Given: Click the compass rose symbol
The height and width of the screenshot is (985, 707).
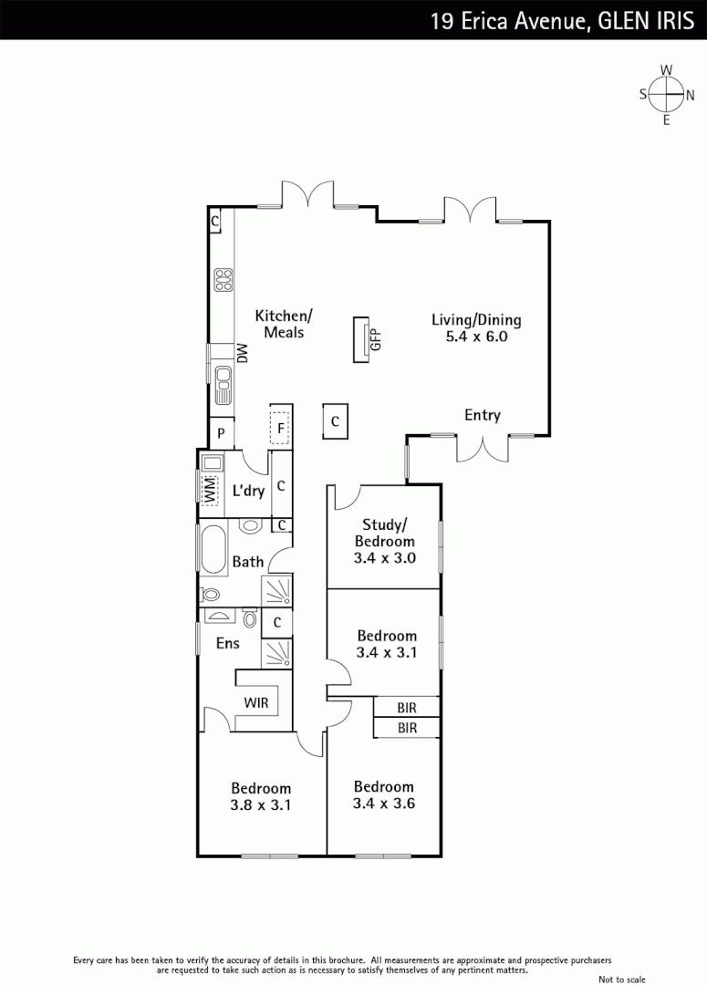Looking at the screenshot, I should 666,94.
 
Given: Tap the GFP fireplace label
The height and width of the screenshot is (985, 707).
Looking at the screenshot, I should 374,339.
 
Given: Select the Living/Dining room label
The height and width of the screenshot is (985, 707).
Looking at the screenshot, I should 475,320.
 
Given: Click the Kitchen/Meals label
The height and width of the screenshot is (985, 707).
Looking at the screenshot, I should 284,324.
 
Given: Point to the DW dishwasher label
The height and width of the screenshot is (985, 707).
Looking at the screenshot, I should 243,353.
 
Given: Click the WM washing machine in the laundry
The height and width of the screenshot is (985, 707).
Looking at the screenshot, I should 209,490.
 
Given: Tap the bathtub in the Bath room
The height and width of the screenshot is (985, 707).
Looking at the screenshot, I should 213,550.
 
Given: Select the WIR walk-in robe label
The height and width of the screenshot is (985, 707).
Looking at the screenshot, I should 255,702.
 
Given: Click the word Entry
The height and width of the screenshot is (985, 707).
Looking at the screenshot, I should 483,416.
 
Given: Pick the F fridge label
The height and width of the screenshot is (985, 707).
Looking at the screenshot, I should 281,426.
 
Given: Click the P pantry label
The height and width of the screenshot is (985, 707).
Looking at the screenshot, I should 221,432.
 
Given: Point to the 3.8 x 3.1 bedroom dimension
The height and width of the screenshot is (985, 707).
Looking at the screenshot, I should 260,805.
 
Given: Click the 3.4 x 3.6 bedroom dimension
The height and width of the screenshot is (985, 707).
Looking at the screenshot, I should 383,804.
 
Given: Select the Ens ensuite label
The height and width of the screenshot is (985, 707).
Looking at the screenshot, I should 227,643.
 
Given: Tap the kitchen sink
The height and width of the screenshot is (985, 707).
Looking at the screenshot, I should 223,383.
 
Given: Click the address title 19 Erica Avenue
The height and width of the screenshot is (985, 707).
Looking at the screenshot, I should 506,20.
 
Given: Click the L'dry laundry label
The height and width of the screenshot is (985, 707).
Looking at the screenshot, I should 248,491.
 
